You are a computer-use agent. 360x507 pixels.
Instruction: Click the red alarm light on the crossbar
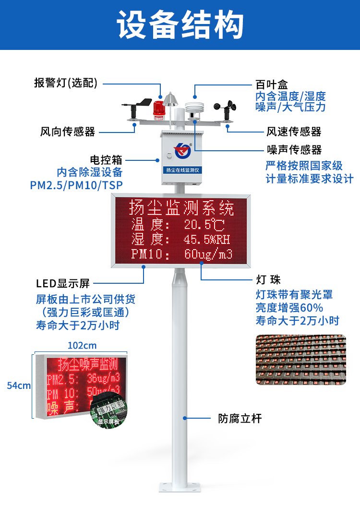tap(159, 110)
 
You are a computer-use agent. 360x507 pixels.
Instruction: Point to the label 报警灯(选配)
tap(66, 83)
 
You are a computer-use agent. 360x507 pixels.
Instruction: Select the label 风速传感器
tap(294, 132)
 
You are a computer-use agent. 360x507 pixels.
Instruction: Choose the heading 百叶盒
tap(271, 84)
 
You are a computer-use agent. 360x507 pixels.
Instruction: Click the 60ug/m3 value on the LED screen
tap(208, 254)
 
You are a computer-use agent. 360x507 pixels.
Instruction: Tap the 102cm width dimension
tap(82, 346)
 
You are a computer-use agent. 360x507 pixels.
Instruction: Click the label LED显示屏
tap(63, 283)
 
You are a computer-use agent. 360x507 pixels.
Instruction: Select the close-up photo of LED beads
tap(301, 360)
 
